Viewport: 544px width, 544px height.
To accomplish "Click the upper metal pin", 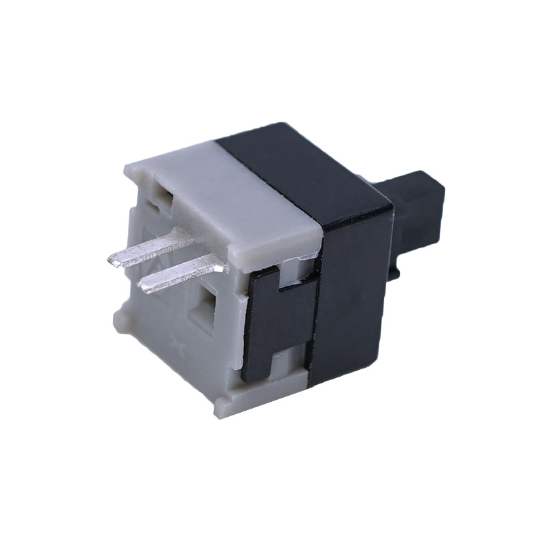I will click(x=150, y=250).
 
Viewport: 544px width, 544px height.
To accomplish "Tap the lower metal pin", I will click(x=180, y=274).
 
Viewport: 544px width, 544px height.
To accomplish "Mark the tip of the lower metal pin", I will click(x=143, y=286).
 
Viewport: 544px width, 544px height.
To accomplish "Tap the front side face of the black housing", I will click(x=354, y=292).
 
